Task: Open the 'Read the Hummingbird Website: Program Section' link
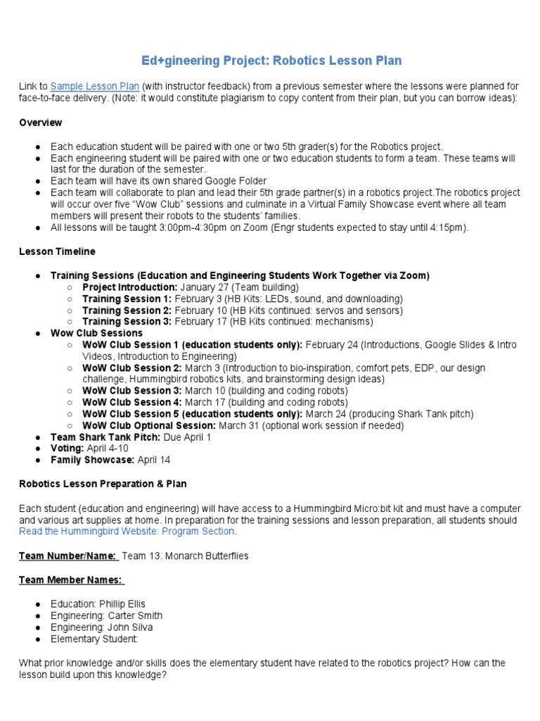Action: pos(127,531)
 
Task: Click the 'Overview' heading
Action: pos(40,123)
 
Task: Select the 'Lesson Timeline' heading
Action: pos(57,251)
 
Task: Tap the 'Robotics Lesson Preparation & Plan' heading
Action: pos(103,484)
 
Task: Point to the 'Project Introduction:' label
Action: pos(129,287)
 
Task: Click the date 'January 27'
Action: pos(205,287)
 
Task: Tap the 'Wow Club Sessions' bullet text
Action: pos(96,333)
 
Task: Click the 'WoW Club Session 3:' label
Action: pos(131,391)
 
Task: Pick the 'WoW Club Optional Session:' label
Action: pos(149,425)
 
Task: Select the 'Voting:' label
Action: pos(67,449)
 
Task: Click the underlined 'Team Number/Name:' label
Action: pos(67,556)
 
